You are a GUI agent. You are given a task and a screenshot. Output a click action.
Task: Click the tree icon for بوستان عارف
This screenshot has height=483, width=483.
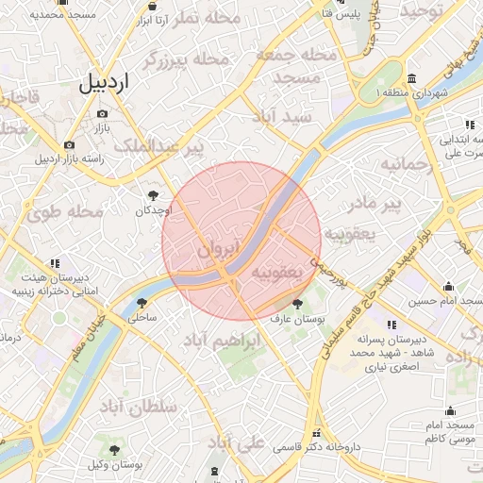pos(298,304)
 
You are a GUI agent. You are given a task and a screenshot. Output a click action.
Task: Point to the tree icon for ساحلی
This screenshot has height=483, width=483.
pos(142,303)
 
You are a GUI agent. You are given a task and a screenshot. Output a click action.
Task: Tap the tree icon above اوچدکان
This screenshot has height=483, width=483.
pos(152,194)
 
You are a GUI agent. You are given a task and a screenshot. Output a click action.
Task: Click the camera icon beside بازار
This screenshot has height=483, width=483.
pos(102,113)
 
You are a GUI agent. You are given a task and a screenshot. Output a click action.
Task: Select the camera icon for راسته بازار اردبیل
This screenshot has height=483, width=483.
pos(69,144)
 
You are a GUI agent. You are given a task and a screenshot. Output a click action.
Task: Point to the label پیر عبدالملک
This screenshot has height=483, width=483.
pos(158,147)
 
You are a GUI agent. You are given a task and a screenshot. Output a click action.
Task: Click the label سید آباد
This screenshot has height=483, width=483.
pos(281,116)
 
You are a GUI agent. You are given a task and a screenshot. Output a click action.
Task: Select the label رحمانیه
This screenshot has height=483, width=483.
pos(406,164)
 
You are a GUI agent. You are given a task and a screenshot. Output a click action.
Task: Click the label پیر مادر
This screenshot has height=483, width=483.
pos(392,203)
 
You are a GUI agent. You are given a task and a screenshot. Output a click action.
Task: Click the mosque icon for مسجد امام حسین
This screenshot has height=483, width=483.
pos(447,288)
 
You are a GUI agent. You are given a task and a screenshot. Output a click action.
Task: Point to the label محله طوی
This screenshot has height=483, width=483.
pos(65,212)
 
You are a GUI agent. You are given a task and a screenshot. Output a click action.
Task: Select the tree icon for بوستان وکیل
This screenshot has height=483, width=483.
pos(115,450)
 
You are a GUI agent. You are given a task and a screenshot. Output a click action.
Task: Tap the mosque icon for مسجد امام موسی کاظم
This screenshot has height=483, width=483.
pos(450,410)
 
